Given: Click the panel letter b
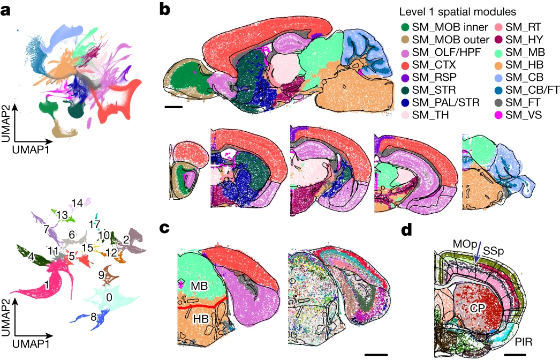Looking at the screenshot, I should click(166, 9).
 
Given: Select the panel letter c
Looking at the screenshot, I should click(165, 228).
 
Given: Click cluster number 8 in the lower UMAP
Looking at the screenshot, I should click(93, 317).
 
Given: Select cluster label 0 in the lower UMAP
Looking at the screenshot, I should click(110, 295).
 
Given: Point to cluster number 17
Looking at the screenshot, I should click(95, 223).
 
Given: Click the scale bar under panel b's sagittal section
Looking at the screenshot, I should click(174, 107).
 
